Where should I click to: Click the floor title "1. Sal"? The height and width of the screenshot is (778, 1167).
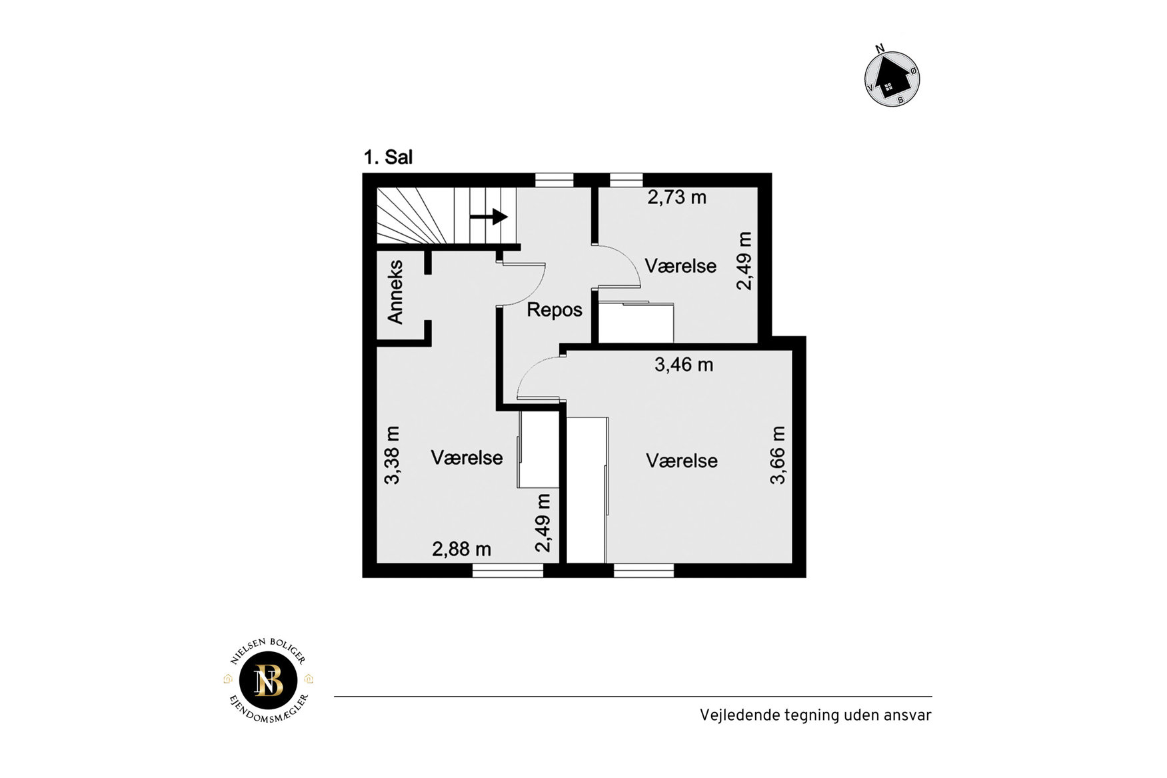pos(388,157)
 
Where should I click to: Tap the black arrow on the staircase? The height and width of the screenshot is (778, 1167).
pos(489,217)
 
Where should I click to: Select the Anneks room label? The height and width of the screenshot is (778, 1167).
pos(395,292)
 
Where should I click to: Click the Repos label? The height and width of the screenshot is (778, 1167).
pos(555,310)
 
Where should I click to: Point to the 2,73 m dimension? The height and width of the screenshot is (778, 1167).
pos(677,197)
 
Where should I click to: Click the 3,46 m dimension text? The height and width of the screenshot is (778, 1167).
pos(684,365)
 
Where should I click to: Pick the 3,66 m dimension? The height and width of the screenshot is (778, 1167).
pos(778,455)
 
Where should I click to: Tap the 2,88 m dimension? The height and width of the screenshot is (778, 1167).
pos(461,549)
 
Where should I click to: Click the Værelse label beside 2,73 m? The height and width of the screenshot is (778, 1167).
pos(680,266)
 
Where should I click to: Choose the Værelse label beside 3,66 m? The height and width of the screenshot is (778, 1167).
pos(682,461)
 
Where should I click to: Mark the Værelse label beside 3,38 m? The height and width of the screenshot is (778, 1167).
pos(467,458)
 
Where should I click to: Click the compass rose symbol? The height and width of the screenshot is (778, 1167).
pos(892,79)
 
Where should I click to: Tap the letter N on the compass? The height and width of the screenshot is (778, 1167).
pos(880,48)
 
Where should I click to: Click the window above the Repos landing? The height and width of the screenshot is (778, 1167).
pos(555,180)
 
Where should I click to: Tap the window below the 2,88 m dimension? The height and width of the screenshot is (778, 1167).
pos(508,570)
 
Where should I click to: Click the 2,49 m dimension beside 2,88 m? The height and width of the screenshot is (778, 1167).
pos(543,523)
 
